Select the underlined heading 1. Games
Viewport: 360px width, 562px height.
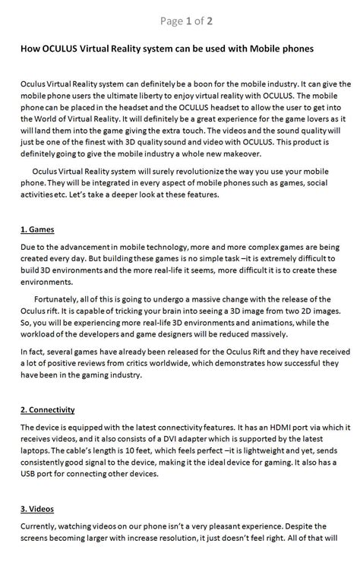(x=37, y=229)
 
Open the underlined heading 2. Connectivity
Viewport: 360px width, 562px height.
(x=48, y=410)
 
